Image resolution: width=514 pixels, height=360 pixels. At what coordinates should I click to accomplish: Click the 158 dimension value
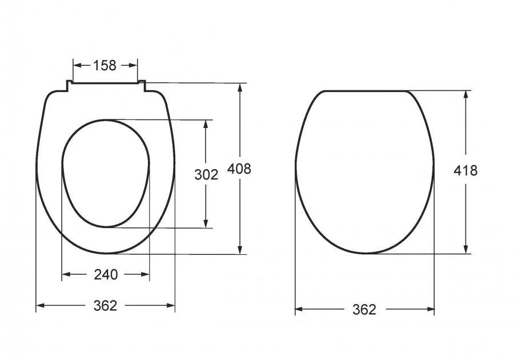tap(105, 66)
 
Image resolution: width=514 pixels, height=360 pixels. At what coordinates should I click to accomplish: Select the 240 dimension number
tap(106, 274)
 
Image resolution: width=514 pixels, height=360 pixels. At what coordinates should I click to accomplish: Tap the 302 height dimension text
tap(206, 175)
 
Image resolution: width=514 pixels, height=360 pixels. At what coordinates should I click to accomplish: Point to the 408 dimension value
tap(239, 169)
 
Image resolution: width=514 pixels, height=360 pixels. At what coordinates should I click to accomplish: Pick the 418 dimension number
tap(465, 170)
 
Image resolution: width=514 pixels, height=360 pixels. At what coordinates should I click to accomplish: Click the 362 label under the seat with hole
tap(105, 306)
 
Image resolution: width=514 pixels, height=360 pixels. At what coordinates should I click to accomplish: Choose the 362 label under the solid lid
tap(364, 309)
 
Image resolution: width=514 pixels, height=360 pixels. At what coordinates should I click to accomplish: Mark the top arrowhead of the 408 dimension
tap(240, 88)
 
